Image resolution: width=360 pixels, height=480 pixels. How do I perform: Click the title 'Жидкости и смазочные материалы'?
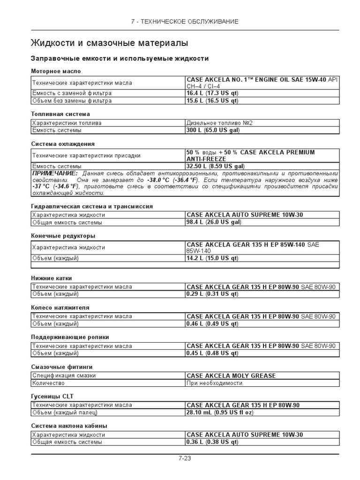pos(109,43)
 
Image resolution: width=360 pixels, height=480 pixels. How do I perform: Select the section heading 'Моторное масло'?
pos(56,71)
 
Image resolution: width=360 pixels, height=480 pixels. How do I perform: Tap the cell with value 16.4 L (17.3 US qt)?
pos(212,93)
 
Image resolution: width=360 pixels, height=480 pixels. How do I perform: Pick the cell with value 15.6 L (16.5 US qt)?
pos(212,100)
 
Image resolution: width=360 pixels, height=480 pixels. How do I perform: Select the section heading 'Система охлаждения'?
pos(63,144)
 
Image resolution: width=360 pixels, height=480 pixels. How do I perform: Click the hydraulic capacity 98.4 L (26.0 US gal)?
pos(214,222)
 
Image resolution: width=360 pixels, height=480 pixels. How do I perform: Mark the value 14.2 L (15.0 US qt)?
pos(212,258)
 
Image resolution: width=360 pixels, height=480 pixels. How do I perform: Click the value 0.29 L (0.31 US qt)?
pos(212,294)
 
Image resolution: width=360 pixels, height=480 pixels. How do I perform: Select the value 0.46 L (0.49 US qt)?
pos(212,323)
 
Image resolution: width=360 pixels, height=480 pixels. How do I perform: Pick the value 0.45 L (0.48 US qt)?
pos(212,353)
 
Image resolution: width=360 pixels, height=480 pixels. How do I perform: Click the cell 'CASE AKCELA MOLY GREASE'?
pos(231,375)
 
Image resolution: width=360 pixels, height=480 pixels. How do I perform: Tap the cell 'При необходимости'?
pos(214,382)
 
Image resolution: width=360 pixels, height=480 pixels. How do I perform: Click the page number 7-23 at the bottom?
pos(184,458)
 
